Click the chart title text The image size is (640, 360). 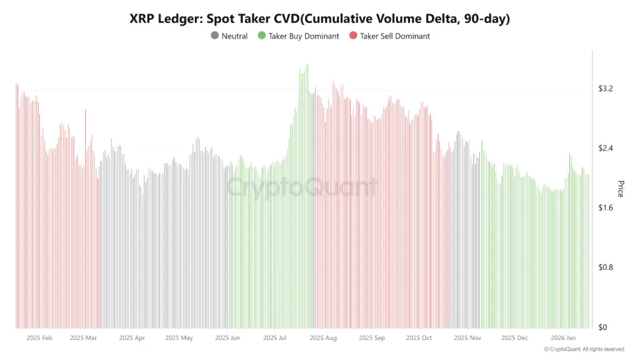click(319, 19)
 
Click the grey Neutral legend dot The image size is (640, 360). click(215, 36)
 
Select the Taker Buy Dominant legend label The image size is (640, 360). click(303, 36)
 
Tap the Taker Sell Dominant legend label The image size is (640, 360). click(394, 36)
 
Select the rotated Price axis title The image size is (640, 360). click(621, 189)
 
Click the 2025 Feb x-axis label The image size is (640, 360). click(40, 338)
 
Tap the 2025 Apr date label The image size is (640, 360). click(131, 338)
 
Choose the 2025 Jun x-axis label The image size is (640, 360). click(227, 338)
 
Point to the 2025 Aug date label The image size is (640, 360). click(322, 338)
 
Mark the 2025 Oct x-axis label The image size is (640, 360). click(419, 338)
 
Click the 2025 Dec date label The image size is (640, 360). click(514, 338)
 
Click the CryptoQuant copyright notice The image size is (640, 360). click(584, 349)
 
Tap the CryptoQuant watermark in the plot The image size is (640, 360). click(302, 187)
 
